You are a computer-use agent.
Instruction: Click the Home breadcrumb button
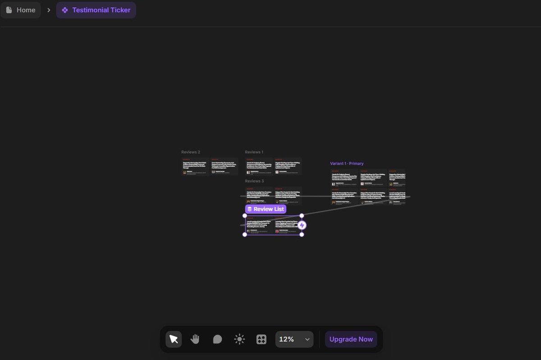pos(21,10)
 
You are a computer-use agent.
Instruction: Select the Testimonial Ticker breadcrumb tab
pos(96,10)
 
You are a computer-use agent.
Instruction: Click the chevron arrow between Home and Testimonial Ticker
pos(49,10)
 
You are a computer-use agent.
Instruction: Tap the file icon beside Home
pos(9,10)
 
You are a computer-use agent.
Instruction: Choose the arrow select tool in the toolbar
pos(174,339)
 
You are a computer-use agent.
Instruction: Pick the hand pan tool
pos(195,339)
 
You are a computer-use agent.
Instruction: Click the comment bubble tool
pos(217,339)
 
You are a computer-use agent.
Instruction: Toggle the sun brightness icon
pos(239,339)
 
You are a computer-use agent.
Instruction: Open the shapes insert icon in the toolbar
pos(261,339)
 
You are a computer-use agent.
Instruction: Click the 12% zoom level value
pos(287,339)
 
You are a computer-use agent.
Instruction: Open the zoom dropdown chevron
pos(307,339)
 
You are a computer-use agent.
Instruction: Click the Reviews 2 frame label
pos(191,152)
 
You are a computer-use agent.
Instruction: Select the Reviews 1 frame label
pos(254,152)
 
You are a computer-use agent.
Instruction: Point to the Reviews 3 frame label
pos(254,181)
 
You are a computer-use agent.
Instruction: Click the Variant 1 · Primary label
pos(347,163)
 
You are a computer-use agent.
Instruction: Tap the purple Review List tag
pos(266,209)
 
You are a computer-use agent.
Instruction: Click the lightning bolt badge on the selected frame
pos(302,225)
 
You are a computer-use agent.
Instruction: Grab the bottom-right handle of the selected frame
pos(302,235)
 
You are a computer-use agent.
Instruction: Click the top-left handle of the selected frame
pos(245,216)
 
